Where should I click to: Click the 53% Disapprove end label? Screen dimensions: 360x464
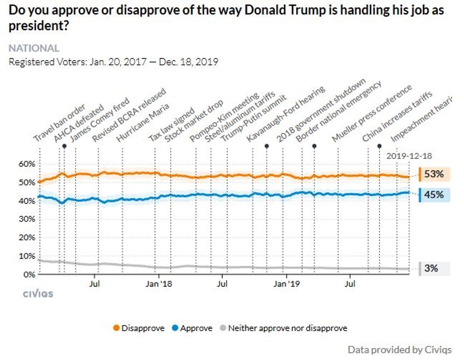point(434,174)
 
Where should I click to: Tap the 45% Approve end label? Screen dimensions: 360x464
point(434,194)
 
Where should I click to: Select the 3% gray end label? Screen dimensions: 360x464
point(431,268)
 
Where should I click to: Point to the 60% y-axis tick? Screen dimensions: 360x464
point(27,164)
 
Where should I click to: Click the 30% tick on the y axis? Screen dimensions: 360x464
point(27,219)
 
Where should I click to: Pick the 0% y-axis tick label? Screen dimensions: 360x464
point(29,274)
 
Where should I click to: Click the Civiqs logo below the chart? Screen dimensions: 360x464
point(38,294)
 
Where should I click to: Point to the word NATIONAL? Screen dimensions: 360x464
point(34,48)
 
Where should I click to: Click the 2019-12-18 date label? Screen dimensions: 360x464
point(410,156)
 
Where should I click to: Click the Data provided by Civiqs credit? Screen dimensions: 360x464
point(400,350)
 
